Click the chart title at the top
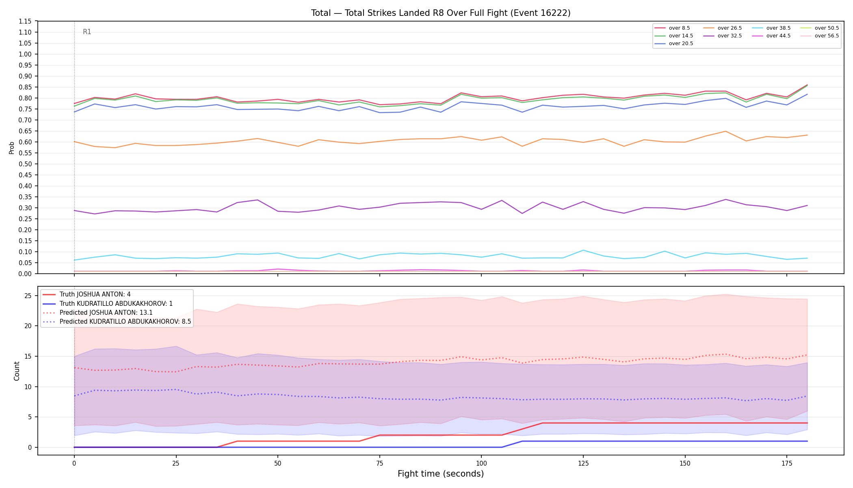[x=441, y=13]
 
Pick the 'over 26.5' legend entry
[x=722, y=28]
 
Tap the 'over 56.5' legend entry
[x=820, y=36]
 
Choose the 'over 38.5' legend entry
[x=771, y=28]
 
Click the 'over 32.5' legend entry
[x=722, y=36]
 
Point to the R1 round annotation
[x=87, y=32]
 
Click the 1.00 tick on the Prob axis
[x=25, y=54]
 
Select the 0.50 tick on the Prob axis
[x=25, y=164]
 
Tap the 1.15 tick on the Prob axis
[x=25, y=21]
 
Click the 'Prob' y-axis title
[x=12, y=148]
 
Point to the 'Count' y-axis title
[x=17, y=371]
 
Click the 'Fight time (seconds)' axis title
[x=441, y=474]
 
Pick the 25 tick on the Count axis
[x=28, y=296]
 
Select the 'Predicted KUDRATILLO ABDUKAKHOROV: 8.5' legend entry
[x=117, y=322]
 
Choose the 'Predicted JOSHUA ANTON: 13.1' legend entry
[x=97, y=313]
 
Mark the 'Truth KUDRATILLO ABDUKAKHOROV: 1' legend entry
[x=108, y=304]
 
